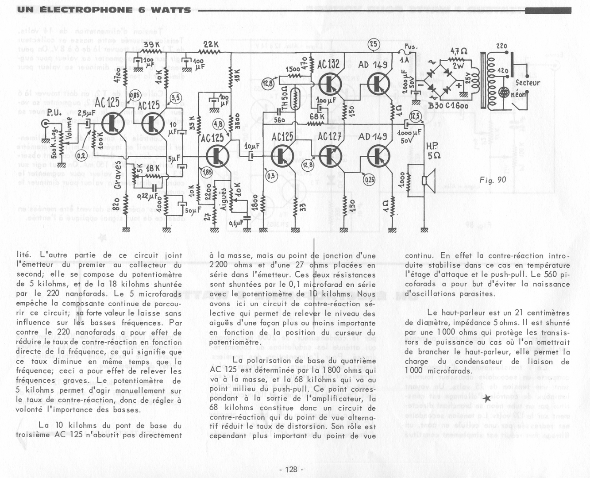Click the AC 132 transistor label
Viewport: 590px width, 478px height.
coord(328,65)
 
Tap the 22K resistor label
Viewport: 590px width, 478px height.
coord(211,45)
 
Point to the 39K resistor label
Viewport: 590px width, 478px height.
coord(152,45)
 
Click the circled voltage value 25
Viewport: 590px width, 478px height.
coord(374,44)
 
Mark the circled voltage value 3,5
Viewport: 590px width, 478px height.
coord(175,97)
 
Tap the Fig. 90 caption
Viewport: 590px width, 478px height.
coord(492,180)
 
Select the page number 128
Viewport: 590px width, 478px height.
coord(291,470)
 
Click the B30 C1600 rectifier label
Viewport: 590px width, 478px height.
coord(448,106)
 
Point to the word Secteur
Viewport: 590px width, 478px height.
coord(528,83)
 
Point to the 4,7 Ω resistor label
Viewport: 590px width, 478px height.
coord(459,51)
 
